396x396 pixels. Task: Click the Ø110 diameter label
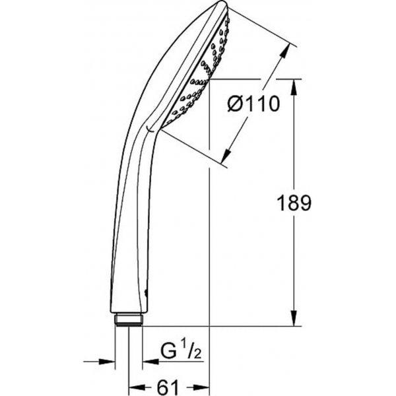coord(253,104)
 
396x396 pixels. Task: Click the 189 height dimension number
coord(294,203)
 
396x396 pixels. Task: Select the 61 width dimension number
coord(168,387)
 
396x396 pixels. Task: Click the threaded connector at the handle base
coord(129,319)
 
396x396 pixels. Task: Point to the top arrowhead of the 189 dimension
coord(294,87)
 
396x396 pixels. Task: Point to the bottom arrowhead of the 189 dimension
coord(294,318)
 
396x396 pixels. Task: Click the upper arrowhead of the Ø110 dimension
coord(285,51)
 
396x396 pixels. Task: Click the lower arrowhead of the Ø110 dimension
coord(226,156)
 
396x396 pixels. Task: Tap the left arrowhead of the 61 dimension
coord(137,387)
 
